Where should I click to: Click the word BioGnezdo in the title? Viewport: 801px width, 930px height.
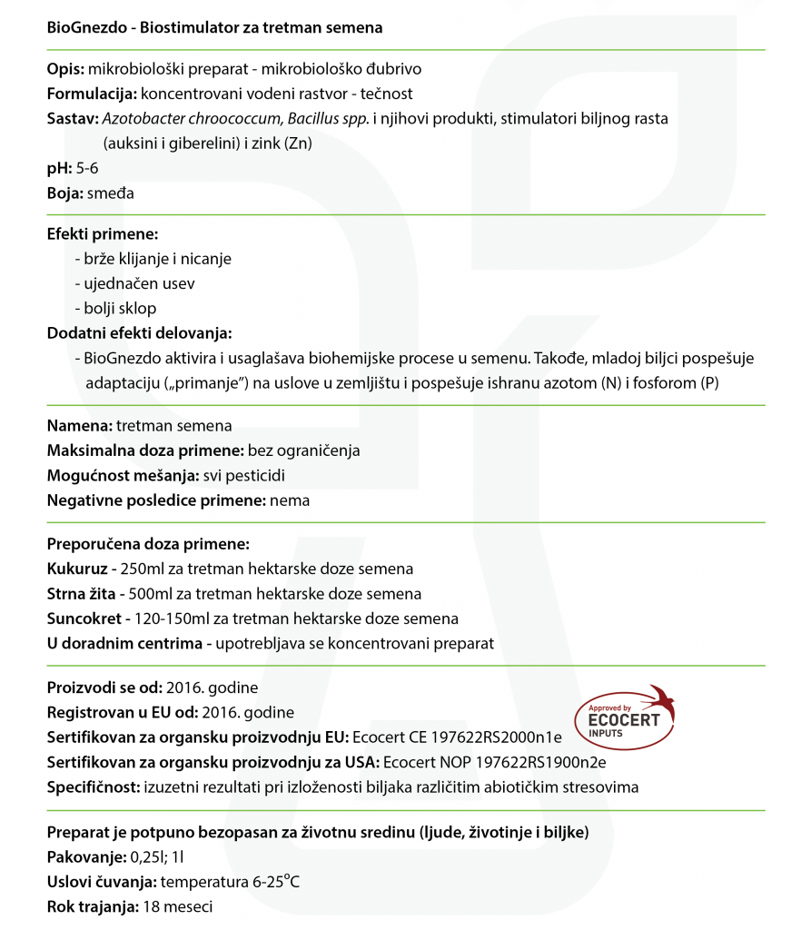pyautogui.click(x=84, y=27)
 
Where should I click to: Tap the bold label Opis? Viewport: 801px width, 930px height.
pyautogui.click(x=65, y=69)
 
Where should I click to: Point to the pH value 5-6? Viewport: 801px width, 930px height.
pyautogui.click(x=88, y=168)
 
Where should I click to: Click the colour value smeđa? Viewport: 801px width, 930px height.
pyautogui.click(x=112, y=193)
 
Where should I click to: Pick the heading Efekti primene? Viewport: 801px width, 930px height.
pyautogui.click(x=103, y=234)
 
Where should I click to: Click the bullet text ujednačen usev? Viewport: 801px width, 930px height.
pyautogui.click(x=139, y=283)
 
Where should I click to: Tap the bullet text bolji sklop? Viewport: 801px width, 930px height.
pyautogui.click(x=123, y=308)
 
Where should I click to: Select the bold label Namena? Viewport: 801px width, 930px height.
pyautogui.click(x=80, y=425)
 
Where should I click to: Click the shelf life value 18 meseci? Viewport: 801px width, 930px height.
pyautogui.click(x=178, y=906)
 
